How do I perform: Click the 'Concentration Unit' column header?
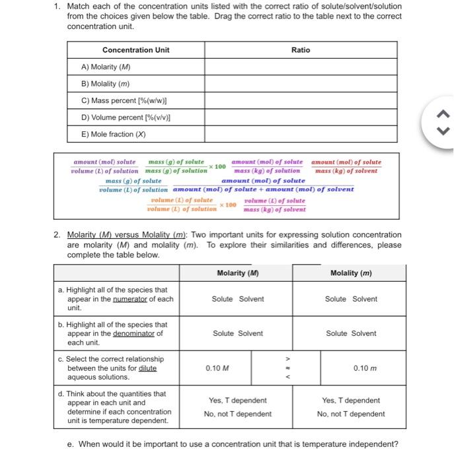point(135,50)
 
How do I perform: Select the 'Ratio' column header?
point(300,50)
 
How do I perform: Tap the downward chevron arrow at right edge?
point(443,131)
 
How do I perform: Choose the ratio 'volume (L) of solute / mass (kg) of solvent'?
point(274,205)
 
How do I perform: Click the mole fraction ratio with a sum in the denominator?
point(263,185)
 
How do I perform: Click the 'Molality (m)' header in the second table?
point(350,273)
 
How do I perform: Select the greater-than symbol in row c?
point(286,358)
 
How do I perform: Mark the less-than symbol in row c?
point(286,378)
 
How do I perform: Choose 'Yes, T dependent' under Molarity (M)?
point(237,400)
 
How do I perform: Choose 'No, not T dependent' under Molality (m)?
point(351,414)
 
